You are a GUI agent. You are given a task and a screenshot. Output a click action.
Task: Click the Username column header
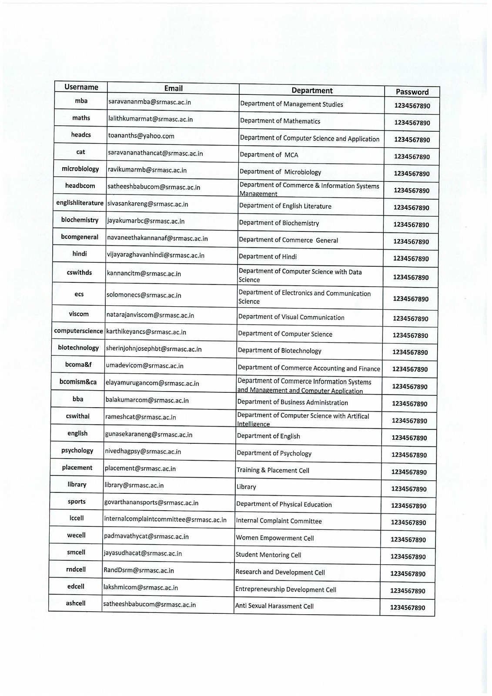(81, 87)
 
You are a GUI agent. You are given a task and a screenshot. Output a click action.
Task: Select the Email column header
(173, 88)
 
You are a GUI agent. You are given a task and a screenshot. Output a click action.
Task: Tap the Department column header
(312, 90)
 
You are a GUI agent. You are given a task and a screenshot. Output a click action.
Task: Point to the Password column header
(412, 92)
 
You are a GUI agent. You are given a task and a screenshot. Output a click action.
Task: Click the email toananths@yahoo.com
(141, 136)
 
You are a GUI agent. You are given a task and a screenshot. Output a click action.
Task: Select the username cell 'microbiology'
(80, 169)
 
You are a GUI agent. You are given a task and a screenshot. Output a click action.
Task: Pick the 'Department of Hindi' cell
(268, 257)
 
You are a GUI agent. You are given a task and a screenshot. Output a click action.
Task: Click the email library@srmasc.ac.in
(134, 485)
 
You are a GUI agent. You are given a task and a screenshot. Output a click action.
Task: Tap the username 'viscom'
(79, 314)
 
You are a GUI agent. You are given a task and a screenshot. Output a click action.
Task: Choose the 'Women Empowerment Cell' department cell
(275, 538)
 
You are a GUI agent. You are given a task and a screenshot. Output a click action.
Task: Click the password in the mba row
(412, 106)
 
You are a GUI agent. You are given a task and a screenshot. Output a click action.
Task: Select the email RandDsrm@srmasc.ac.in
(139, 570)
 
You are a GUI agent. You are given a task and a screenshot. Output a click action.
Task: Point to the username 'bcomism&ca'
(78, 382)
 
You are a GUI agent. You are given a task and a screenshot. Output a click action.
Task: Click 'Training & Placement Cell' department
(273, 470)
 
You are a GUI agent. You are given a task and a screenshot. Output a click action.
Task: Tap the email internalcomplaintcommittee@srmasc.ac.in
(165, 519)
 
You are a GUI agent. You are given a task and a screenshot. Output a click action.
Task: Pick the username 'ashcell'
(76, 603)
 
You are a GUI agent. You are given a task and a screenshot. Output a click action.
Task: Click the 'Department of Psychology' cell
(274, 453)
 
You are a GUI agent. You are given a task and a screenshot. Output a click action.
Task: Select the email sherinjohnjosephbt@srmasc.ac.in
(154, 349)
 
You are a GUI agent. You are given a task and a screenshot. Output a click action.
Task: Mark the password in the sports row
(408, 506)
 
